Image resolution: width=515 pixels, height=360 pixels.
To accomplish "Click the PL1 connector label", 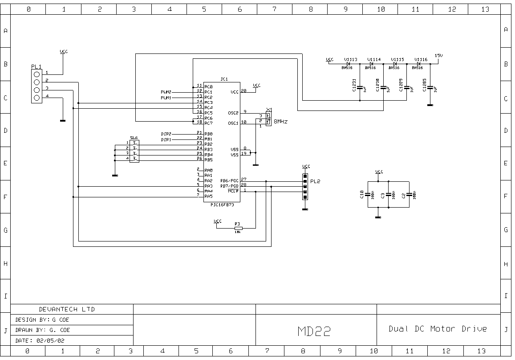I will pos(36,67).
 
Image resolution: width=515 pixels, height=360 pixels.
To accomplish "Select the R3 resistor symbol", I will pos(238,228).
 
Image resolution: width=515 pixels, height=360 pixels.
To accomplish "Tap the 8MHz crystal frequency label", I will pos(280,121).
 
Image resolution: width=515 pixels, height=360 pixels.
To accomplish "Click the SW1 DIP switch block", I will pos(134,151).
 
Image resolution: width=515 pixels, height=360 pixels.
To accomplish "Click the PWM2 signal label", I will pos(166,92).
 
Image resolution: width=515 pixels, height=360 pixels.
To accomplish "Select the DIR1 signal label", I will pos(166,140).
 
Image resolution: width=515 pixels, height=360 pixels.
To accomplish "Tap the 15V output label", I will pos(438,56).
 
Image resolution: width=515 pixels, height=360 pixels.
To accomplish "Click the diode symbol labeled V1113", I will pos(348,64).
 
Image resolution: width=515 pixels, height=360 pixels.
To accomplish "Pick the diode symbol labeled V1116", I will pos(418,64).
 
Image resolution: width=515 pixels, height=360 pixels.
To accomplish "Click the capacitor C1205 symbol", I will pos(430,88).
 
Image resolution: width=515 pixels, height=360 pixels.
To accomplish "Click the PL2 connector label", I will pos(315,182).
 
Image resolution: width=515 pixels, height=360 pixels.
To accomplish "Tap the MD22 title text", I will pos(314,331).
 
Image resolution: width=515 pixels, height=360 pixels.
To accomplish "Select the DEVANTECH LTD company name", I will pos(67,309).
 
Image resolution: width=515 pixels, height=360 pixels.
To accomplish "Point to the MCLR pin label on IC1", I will pos(233,191).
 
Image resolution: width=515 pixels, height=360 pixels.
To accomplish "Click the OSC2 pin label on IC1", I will pos(233,113).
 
